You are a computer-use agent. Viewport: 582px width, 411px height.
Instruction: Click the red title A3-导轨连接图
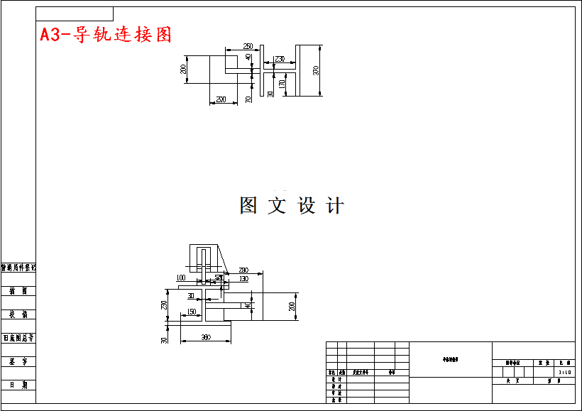point(106,34)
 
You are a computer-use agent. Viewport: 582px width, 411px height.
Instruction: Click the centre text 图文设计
point(292,206)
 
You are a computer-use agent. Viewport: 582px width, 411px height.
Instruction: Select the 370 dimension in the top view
point(317,70)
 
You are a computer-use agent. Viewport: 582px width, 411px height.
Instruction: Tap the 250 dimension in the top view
point(248,45)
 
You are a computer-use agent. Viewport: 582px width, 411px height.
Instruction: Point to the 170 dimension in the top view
point(282,84)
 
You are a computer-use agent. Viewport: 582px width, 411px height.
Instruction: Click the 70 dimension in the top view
point(248,99)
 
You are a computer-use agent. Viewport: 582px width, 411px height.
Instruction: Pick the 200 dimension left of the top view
point(183,69)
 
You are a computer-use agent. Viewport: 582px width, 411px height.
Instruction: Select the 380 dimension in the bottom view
point(206,337)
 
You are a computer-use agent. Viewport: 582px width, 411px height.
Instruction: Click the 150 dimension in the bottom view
point(192,312)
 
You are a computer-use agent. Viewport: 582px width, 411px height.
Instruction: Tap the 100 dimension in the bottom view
point(180,278)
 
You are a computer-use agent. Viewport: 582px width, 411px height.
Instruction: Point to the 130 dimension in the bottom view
point(243,279)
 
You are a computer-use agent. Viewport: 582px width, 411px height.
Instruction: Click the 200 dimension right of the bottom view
point(292,306)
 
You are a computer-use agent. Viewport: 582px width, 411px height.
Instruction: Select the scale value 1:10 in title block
point(565,371)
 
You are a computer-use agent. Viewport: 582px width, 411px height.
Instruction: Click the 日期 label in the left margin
point(18,385)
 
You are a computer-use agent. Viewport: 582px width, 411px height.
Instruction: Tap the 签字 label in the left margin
point(18,361)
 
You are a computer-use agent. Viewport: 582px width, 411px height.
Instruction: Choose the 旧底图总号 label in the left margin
point(18,338)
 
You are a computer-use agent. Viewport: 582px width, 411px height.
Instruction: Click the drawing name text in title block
point(451,360)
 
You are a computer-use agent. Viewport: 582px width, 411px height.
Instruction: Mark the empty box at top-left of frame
point(75,13)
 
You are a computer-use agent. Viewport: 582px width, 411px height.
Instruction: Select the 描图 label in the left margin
point(18,291)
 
